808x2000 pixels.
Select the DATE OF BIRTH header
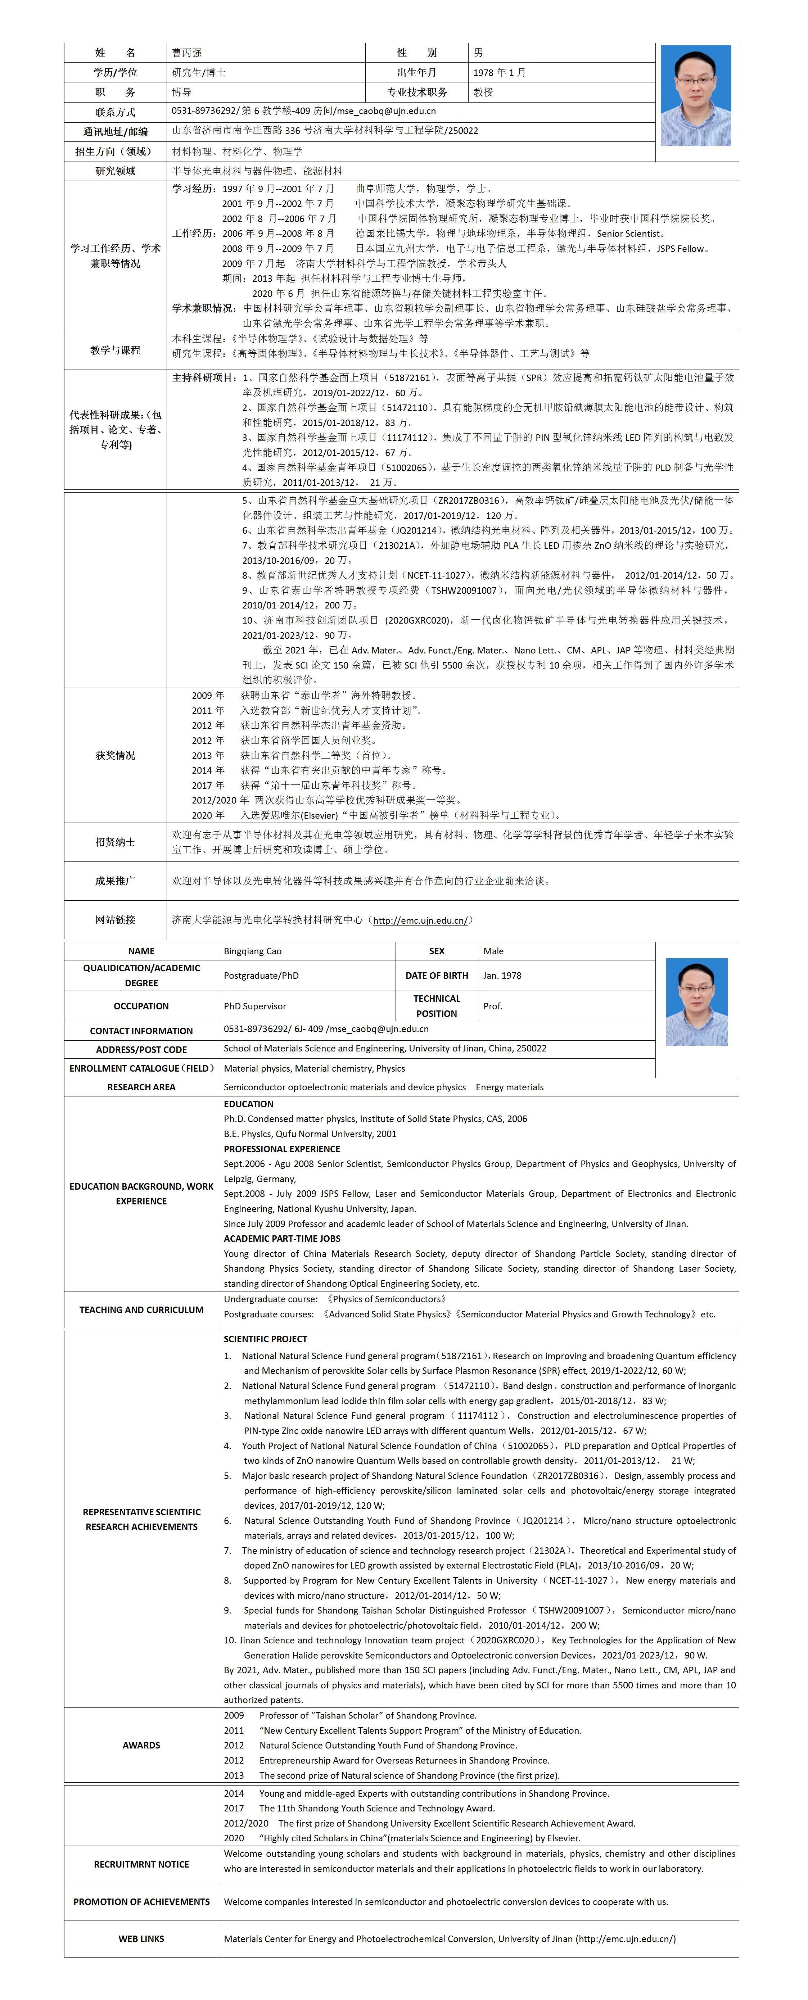pyautogui.click(x=436, y=975)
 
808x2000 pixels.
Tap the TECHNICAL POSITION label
pyautogui.click(x=436, y=1005)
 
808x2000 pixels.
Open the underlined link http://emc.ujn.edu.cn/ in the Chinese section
pyautogui.click(x=420, y=920)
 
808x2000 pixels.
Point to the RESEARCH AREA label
pyautogui.click(x=141, y=1087)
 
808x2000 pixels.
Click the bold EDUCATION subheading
pyautogui.click(x=248, y=1103)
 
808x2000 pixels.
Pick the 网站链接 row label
pyautogui.click(x=115, y=920)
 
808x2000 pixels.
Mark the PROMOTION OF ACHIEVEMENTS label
pyautogui.click(x=141, y=1901)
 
